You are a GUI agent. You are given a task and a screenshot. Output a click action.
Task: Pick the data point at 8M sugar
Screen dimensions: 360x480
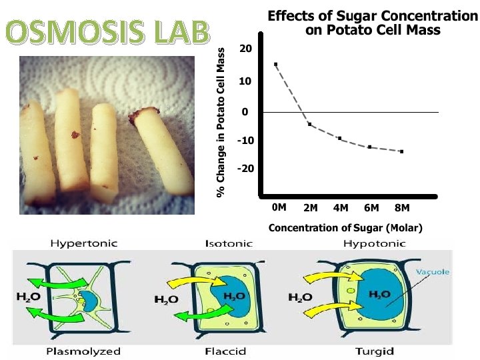[402, 152]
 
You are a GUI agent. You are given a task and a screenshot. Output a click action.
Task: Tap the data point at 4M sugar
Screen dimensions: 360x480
[339, 138]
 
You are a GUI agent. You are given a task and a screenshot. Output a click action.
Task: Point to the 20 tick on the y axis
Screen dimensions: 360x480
[246, 50]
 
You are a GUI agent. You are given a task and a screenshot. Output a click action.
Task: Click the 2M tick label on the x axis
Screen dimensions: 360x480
[310, 207]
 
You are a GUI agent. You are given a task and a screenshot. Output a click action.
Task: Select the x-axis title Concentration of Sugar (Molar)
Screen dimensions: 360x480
[345, 228]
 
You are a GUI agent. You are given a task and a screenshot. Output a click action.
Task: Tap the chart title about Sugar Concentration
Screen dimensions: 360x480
[373, 23]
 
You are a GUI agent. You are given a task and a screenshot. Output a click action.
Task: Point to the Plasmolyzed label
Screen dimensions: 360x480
[83, 351]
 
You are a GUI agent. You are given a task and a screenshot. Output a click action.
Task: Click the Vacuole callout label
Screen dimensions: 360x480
[433, 272]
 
